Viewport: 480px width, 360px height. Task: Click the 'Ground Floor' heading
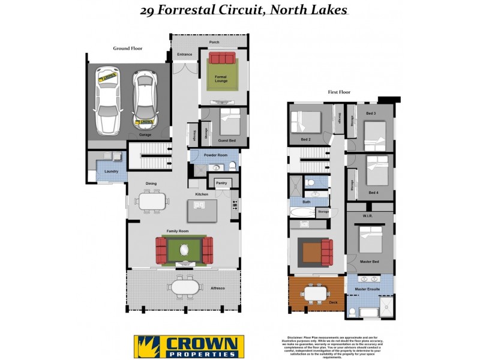click(128, 48)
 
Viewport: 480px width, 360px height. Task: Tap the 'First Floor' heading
click(339, 92)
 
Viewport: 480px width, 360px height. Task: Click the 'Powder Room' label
click(215, 155)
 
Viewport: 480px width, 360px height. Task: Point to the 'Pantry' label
click(221, 182)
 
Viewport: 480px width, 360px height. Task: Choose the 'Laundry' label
click(111, 172)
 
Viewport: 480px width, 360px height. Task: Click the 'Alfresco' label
click(217, 289)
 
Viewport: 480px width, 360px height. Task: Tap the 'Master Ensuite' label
click(368, 290)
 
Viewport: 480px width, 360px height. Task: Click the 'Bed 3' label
click(370, 113)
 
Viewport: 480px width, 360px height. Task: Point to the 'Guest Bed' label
click(227, 140)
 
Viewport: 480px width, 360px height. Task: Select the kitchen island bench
click(201, 211)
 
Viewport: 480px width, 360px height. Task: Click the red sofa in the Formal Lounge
click(221, 58)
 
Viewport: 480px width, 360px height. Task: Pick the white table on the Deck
click(316, 293)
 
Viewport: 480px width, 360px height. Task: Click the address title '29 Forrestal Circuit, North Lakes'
click(243, 10)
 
